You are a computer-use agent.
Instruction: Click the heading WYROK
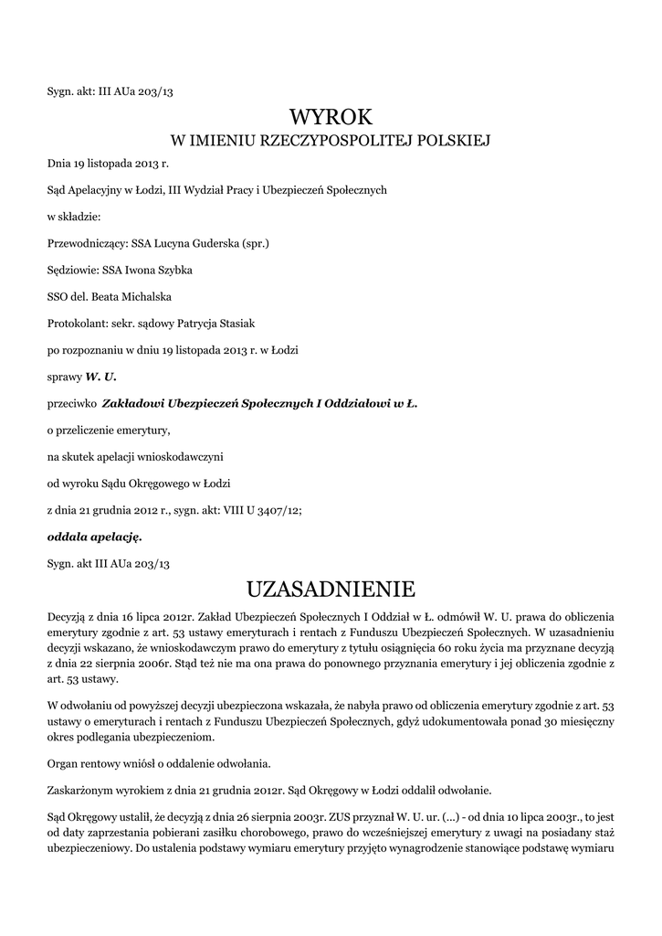[331, 116]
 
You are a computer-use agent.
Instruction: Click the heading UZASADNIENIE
[331, 586]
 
